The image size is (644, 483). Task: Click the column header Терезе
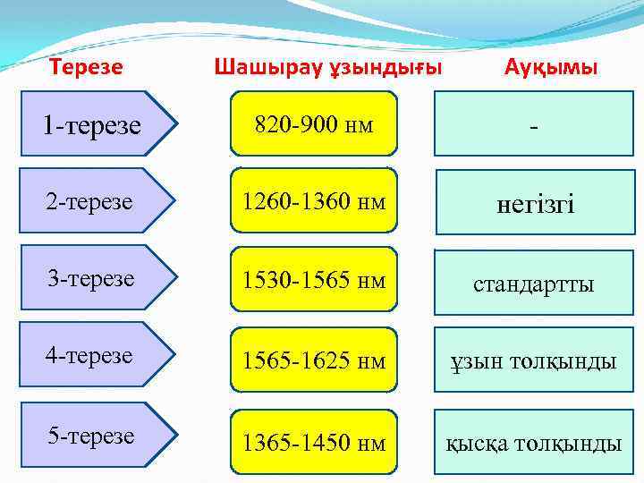[x=86, y=67]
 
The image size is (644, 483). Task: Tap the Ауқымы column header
[x=551, y=67]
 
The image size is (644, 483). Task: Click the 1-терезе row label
[x=91, y=126]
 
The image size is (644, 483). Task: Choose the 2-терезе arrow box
[x=89, y=203]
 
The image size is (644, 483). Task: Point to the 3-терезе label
[x=89, y=279]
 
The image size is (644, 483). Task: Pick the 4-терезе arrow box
[x=89, y=356]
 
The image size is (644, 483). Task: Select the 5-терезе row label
[x=89, y=436]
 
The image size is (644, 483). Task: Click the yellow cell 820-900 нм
[x=313, y=124]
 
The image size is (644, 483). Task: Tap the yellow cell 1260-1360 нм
[x=313, y=203]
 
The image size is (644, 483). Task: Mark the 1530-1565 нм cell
[x=313, y=280]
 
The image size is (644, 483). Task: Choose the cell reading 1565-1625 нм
[x=313, y=361]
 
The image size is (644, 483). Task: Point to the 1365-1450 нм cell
[x=313, y=442]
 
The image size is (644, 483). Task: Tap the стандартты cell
[x=535, y=284]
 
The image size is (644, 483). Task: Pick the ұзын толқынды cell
[x=535, y=361]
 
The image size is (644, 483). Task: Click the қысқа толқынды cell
[x=535, y=442]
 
